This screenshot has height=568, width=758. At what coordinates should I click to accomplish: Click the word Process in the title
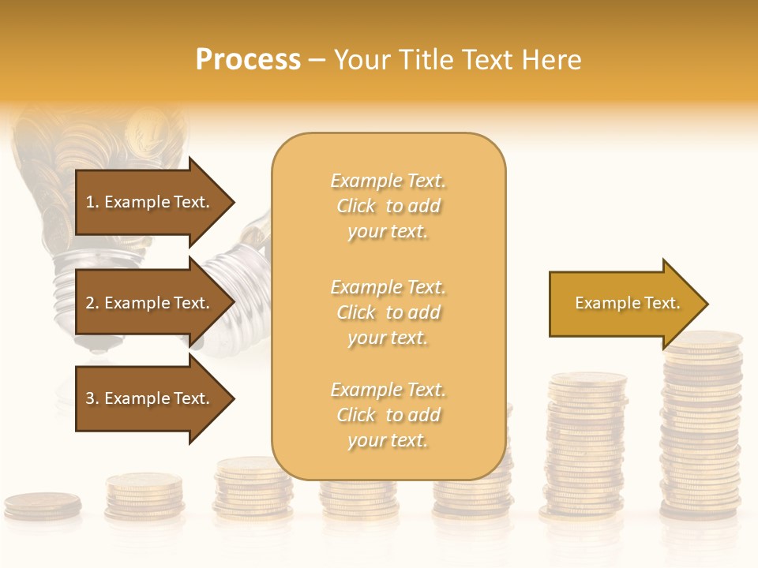pos(248,60)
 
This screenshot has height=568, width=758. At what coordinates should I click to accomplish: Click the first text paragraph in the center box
pos(388,206)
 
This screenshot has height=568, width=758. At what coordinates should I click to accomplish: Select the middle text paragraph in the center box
pos(388,312)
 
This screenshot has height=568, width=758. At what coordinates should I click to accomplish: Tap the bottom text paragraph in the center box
pos(388,415)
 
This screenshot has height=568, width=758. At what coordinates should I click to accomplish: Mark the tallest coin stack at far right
pos(701,426)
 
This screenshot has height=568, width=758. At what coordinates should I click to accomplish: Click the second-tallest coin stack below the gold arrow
pos(586,446)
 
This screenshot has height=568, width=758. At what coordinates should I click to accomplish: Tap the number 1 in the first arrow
pos(90,202)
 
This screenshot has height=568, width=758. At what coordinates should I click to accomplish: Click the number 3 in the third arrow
pos(90,398)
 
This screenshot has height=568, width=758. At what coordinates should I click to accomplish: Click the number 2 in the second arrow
pos(90,303)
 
